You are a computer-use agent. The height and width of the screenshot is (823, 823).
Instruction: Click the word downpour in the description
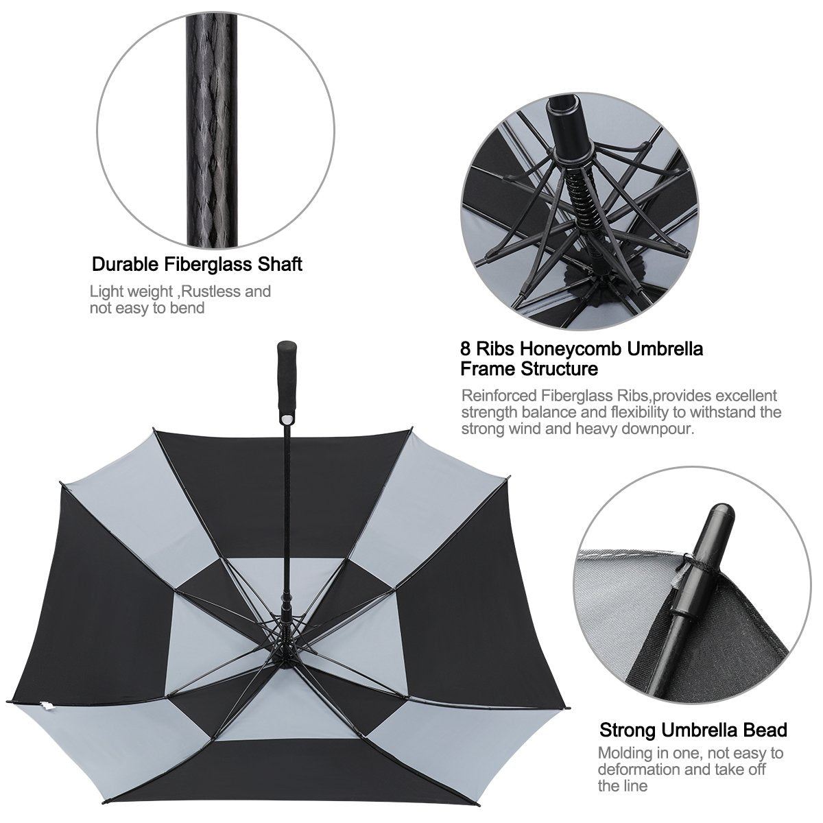[663, 429]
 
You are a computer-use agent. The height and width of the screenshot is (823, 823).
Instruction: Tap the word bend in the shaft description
[188, 308]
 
